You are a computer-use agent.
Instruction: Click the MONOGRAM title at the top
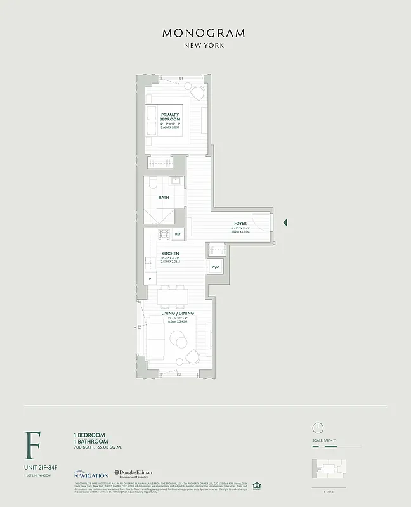[x=204, y=33]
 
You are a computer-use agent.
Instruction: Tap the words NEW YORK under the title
[x=204, y=46]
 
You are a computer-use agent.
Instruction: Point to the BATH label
[x=164, y=197]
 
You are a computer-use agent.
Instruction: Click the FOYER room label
[x=240, y=224]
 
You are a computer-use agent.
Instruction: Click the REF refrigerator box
[x=178, y=234]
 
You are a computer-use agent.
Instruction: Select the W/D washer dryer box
[x=214, y=267]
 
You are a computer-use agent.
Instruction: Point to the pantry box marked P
[x=150, y=278]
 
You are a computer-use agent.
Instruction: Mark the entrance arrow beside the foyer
[x=285, y=222]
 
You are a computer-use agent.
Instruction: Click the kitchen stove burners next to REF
[x=164, y=234]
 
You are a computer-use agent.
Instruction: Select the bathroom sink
[x=177, y=183]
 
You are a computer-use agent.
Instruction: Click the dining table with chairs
[x=172, y=295]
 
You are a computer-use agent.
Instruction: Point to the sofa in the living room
[x=156, y=340]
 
